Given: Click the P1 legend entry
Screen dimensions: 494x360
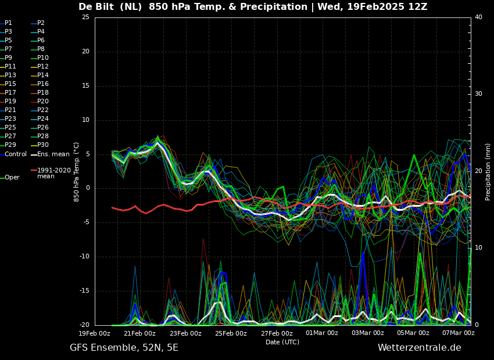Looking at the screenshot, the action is (6, 23).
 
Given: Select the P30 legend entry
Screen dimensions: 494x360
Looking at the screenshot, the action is (40, 145).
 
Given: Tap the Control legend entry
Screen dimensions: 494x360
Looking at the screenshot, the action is (13, 154).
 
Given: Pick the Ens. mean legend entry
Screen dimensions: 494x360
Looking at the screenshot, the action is (51, 154).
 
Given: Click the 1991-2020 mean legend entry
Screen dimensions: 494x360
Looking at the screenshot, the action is (51, 173).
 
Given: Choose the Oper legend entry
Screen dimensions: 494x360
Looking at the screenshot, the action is (10, 178).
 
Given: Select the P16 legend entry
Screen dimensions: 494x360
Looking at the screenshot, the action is (40, 84).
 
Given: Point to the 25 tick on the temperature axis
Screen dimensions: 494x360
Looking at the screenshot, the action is (85, 17).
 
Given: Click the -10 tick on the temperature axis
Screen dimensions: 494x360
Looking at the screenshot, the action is (84, 257).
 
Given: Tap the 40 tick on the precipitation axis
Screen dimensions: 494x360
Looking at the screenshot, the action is (478, 17).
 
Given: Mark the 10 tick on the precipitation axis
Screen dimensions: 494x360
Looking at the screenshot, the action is (478, 248).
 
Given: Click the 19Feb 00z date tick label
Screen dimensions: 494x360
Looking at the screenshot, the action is (95, 333).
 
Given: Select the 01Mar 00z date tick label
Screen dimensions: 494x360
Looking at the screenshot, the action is (322, 333).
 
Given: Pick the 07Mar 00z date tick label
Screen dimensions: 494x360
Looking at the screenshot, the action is (459, 333).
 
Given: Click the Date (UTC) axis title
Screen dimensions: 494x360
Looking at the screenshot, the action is (282, 342).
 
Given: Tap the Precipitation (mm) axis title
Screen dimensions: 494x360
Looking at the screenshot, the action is (488, 171).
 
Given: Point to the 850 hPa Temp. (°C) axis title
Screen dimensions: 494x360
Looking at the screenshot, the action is (76, 172).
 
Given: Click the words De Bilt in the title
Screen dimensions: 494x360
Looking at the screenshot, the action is (96, 6).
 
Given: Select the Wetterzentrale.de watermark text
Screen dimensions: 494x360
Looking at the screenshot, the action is (420, 348).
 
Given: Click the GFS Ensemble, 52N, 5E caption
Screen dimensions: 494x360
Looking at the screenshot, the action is (124, 348).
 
